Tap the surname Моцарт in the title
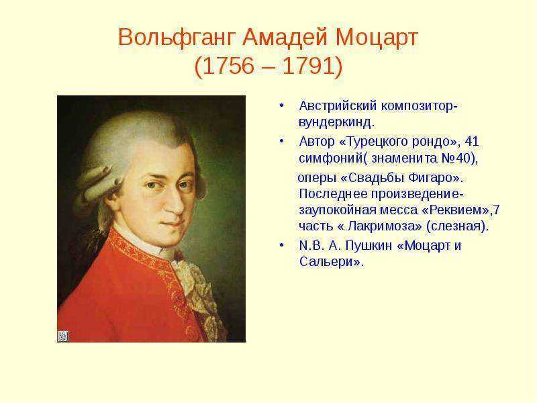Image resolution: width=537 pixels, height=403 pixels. point(377,38)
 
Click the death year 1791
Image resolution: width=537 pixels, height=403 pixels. point(307,66)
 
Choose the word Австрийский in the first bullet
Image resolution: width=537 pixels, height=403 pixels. point(338,106)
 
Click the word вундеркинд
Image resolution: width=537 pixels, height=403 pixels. point(334,122)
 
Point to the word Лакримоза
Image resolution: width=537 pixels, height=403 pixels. point(384,226)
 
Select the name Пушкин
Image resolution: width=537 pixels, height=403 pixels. point(368,245)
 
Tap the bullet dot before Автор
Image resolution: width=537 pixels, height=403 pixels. point(281,141)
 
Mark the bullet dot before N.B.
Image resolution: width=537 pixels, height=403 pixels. point(281,245)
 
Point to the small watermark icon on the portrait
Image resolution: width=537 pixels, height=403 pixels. point(63,337)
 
